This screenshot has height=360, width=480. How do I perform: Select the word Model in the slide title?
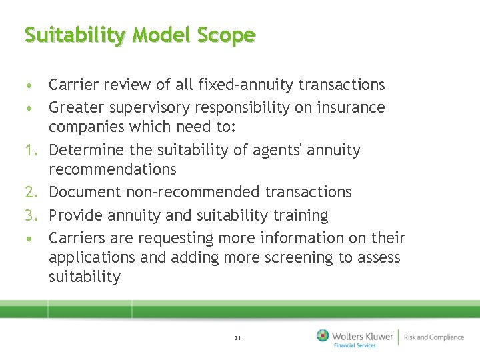pos(158,35)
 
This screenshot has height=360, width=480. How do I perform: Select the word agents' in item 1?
pos(278,151)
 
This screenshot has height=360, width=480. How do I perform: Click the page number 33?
pos(238,338)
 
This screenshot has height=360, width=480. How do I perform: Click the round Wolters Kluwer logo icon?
pos(323,336)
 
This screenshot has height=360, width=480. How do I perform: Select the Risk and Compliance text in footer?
pos(433,337)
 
